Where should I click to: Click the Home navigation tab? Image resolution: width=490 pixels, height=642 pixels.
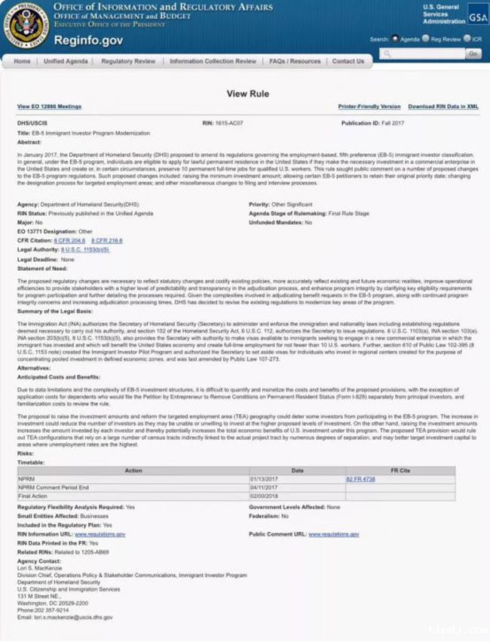pos(23,61)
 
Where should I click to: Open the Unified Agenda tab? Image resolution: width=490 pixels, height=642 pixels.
pos(66,61)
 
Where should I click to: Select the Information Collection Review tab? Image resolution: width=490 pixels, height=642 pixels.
pos(213,61)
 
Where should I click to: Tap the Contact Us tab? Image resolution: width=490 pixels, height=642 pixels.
pos(348,61)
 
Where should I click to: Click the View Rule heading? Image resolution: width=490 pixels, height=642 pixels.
pos(247,94)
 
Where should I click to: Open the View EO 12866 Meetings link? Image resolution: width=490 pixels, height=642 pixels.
pos(49,107)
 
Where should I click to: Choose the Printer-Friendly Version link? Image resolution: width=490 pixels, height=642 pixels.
pos(369,107)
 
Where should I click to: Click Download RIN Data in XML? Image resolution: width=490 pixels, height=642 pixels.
pos(443,107)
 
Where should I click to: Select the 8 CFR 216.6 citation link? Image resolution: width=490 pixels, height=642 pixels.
pos(106,240)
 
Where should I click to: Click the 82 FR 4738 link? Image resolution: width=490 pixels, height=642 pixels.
pos(360,479)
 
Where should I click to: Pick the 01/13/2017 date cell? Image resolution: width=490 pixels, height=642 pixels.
pos(264,479)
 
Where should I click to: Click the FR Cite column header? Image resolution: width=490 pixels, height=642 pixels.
pos(400,471)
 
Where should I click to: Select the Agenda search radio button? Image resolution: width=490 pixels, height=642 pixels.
pos(395,38)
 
